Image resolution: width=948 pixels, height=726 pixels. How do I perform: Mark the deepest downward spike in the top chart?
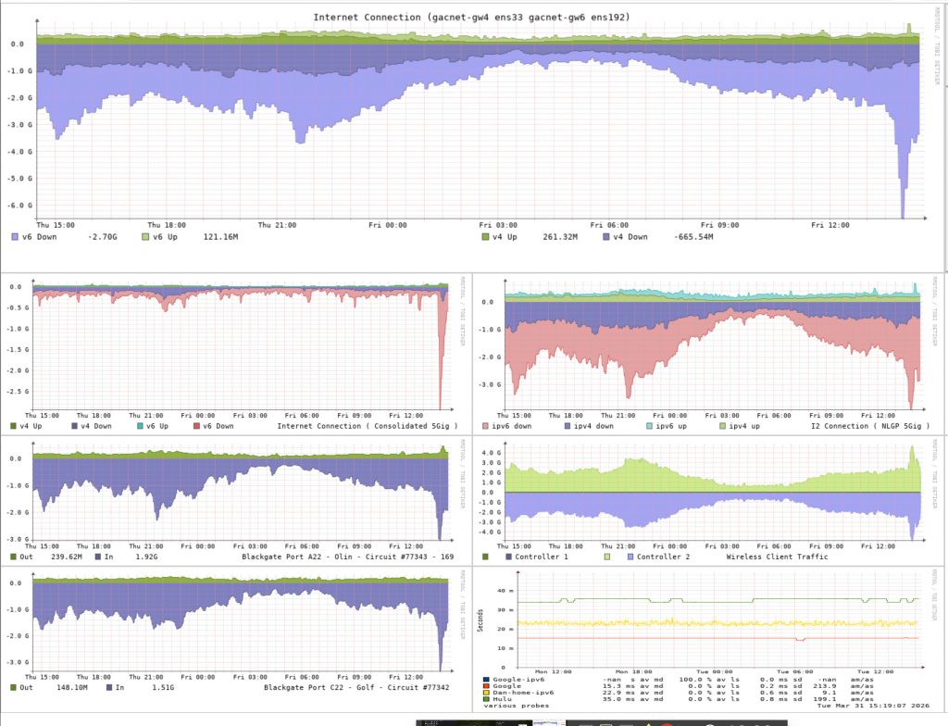point(903,217)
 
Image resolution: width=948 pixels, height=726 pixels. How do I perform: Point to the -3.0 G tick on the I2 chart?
point(490,382)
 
